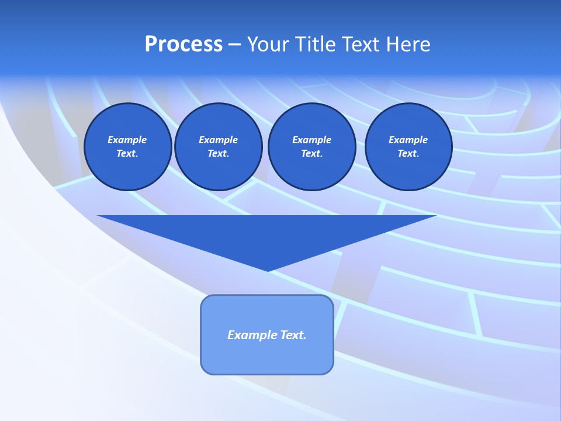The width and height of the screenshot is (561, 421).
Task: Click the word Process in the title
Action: pyautogui.click(x=183, y=44)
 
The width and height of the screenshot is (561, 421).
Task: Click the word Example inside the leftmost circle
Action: pyautogui.click(x=127, y=140)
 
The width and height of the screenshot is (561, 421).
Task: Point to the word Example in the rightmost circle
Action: pyautogui.click(x=408, y=140)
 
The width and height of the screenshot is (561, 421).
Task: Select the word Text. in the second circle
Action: pyautogui.click(x=218, y=154)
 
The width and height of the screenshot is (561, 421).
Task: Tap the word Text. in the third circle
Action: pyautogui.click(x=311, y=154)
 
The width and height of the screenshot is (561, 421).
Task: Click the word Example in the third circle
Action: pyautogui.click(x=311, y=140)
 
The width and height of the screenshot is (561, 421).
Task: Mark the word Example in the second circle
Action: pyautogui.click(x=218, y=140)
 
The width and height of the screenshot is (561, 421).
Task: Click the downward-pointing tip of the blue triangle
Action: pyautogui.click(x=268, y=270)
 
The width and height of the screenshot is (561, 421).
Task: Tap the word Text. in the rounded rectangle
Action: pyautogui.click(x=293, y=335)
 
